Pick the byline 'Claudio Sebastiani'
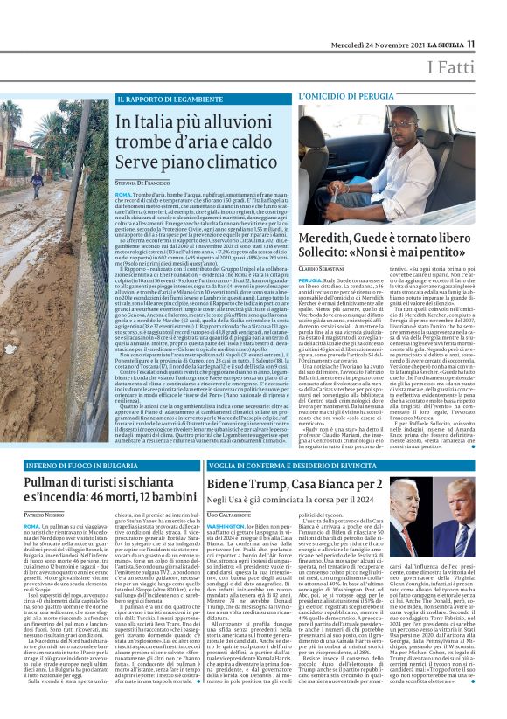(x=323, y=270)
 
